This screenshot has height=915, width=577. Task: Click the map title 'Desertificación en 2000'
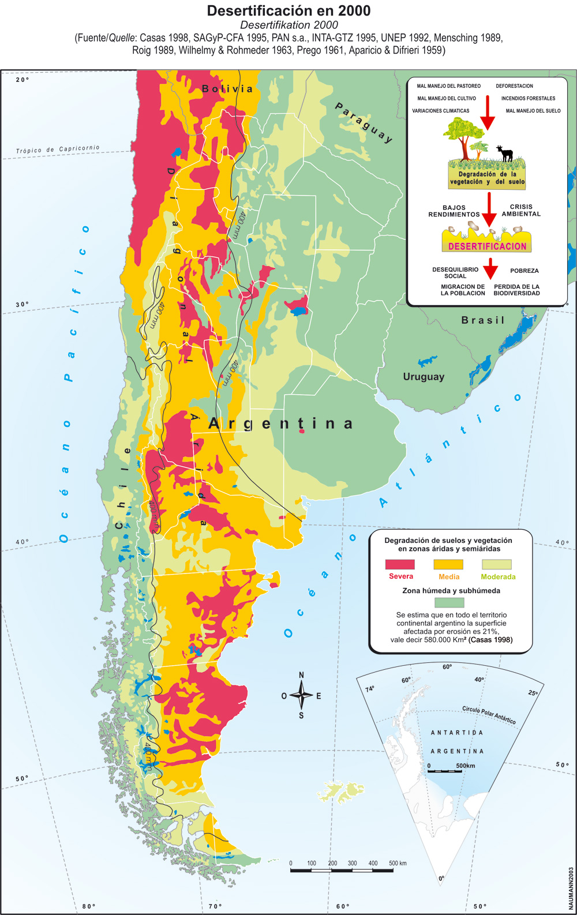coord(288,11)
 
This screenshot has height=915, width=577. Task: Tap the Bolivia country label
coord(227,89)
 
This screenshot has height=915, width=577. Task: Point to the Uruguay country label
coord(424,377)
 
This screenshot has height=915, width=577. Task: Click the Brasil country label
coord(483,320)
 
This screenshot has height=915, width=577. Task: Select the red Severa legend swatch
coord(400,564)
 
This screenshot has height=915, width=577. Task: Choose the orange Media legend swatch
coord(448,564)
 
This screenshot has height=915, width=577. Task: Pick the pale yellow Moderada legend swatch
coord(497,564)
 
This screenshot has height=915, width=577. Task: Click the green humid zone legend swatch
coord(449,602)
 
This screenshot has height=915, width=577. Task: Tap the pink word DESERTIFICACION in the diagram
coord(488,246)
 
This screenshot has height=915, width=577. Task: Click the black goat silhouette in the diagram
coord(505,153)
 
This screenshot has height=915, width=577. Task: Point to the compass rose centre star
coord(301,695)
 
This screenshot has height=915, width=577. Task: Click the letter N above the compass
coord(301,676)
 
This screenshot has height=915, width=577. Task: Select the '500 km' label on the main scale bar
coord(398,863)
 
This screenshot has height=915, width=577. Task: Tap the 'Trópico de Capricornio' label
coord(58,149)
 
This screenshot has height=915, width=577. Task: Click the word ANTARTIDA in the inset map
coord(457,733)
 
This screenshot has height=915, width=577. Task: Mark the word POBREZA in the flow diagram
coord(524,271)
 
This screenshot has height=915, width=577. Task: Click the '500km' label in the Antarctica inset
coord(466,766)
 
